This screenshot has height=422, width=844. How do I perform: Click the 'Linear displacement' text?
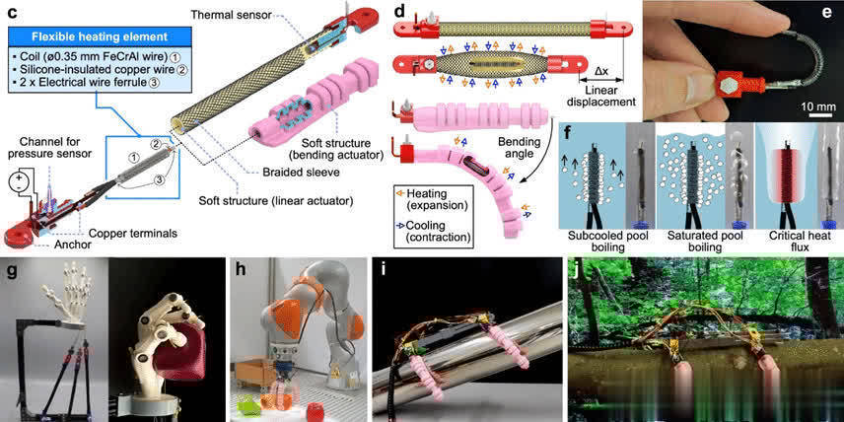[607, 95]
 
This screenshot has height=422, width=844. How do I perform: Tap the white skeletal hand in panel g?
[59, 291]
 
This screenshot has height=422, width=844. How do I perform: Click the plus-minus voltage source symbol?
[16, 185]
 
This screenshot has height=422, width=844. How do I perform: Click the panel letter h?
[236, 267]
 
